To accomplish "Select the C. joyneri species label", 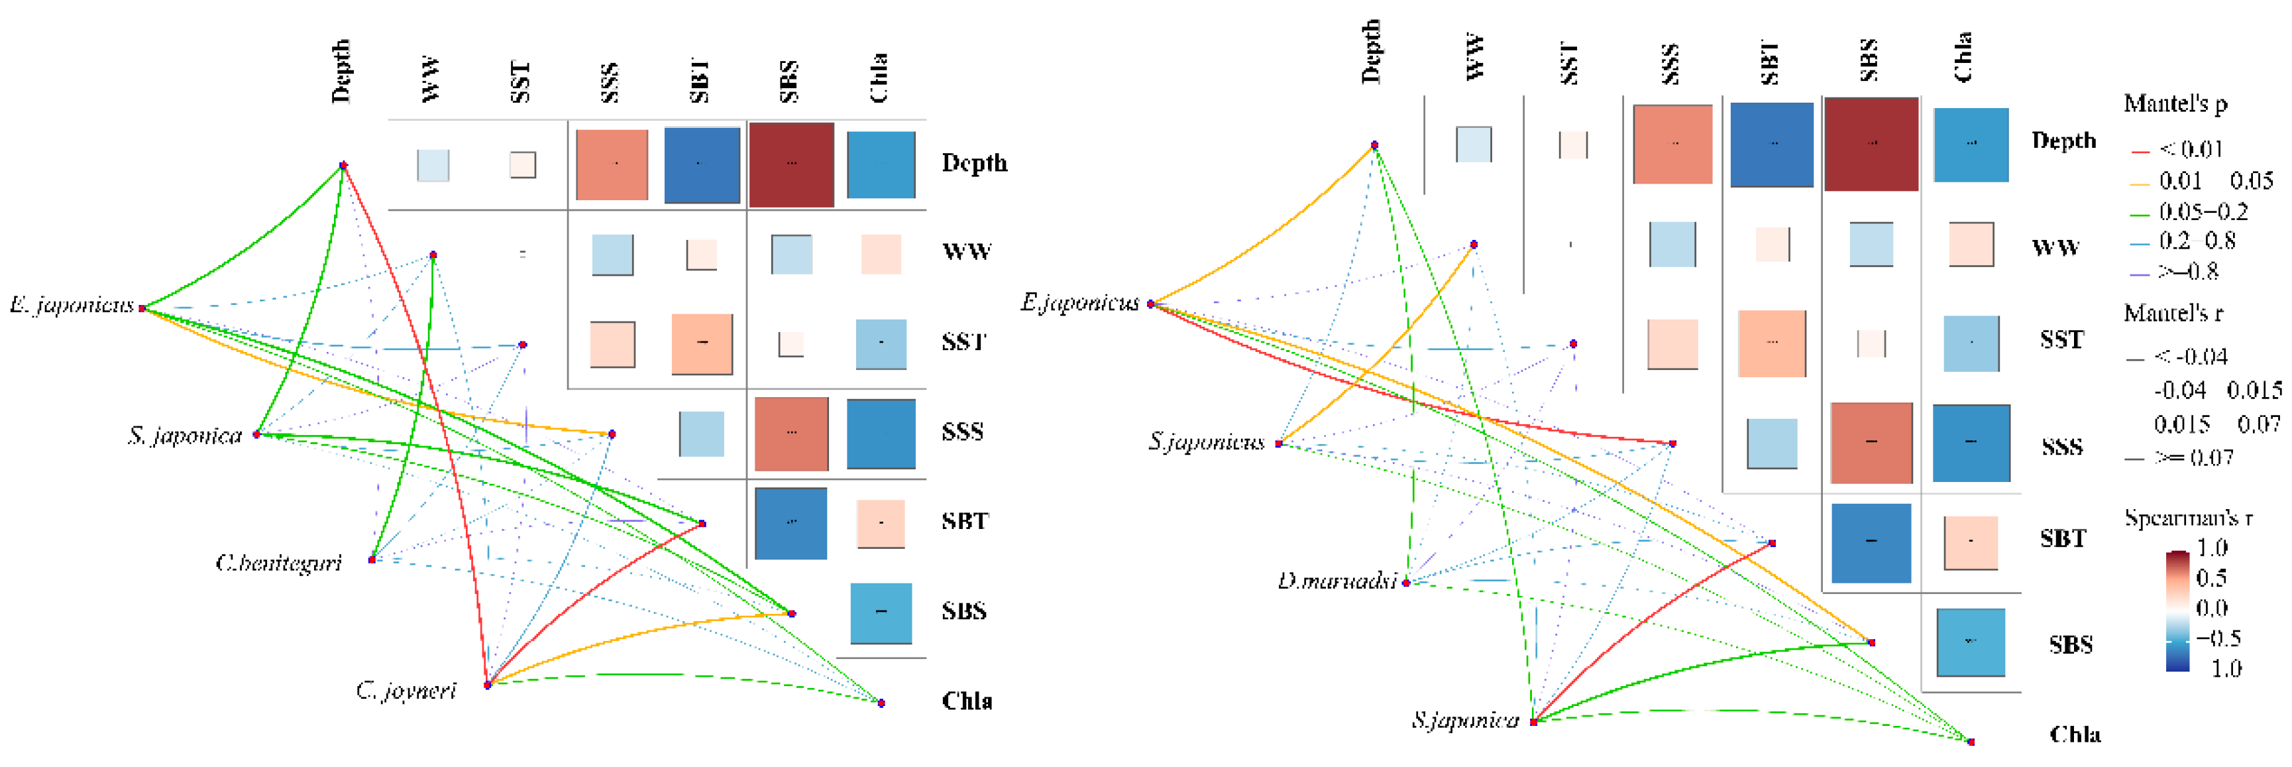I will click(x=407, y=691).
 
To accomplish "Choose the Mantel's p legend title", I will click(x=2175, y=104).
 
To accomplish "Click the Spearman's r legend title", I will click(x=2188, y=518).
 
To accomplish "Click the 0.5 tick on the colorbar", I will click(x=2211, y=577).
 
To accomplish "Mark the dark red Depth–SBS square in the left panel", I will click(x=791, y=164).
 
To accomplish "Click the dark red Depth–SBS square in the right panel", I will click(x=1871, y=144).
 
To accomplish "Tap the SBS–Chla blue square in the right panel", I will click(x=1970, y=642).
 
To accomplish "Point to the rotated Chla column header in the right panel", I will click(x=1963, y=58).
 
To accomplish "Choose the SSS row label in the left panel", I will click(x=962, y=432).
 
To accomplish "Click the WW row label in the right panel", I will click(x=2055, y=247).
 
